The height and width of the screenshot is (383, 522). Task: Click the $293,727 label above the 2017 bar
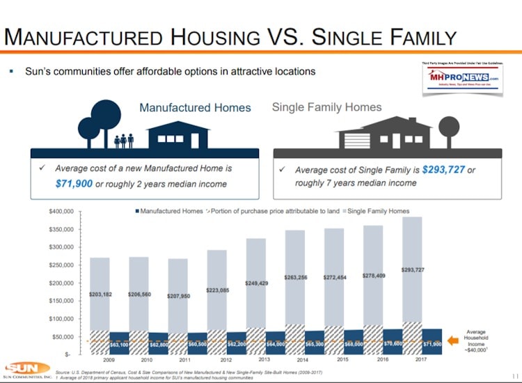coord(413,269)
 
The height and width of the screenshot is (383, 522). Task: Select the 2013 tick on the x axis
coord(264,359)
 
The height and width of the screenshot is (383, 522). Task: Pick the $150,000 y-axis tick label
coord(63,301)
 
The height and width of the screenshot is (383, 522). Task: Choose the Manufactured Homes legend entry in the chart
coord(168,211)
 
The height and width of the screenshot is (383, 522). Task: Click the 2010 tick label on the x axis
coord(146,361)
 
